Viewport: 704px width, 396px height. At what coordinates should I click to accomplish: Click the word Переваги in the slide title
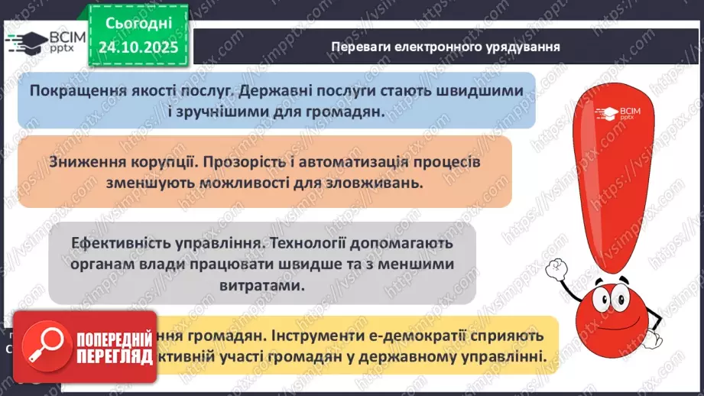click(358, 46)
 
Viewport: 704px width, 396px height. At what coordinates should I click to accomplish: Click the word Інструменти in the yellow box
click(304, 336)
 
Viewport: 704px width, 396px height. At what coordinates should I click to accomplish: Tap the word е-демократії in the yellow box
click(423, 336)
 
